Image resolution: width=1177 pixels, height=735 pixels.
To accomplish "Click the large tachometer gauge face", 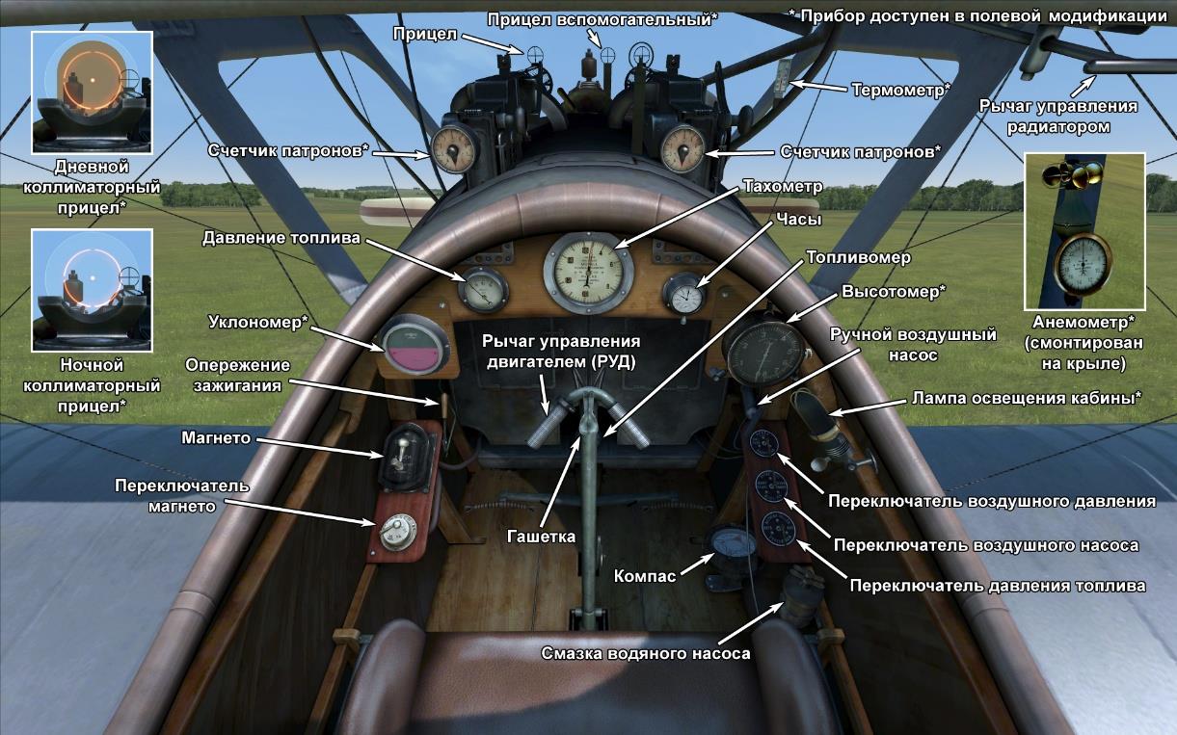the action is point(589,272).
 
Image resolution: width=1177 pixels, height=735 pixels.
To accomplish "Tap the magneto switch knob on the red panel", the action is point(394,532).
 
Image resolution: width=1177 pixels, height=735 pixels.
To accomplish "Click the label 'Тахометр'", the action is point(783,187).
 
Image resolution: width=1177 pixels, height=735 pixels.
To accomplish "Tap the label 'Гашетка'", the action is point(541,537).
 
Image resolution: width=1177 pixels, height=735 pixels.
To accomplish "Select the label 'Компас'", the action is point(645,577).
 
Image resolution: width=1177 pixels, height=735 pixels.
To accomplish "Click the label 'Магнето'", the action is point(216,438).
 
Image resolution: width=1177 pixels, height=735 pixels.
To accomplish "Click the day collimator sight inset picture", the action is point(92,92).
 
